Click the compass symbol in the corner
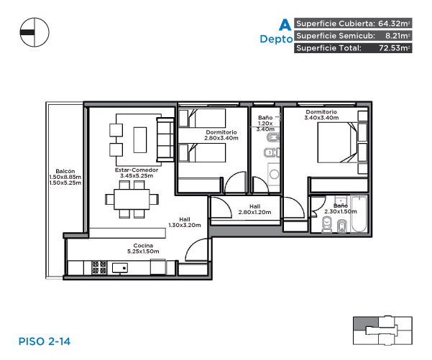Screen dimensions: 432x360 (x=35, y=32)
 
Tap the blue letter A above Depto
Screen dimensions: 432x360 (x=285, y=24)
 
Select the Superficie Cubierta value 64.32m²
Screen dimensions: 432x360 (x=394, y=24)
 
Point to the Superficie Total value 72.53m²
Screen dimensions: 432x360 (x=395, y=48)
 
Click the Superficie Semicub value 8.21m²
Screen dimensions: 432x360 (x=397, y=35)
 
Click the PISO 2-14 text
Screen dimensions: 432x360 (x=45, y=341)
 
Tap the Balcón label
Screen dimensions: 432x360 (x=65, y=171)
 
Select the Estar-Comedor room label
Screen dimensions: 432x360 (x=137, y=172)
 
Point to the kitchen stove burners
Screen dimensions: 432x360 (x=99, y=267)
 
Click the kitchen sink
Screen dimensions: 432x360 (x=120, y=268)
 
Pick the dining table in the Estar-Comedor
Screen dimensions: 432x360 (x=132, y=199)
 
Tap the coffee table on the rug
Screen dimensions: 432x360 (x=140, y=139)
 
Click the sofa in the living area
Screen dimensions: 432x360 (x=165, y=139)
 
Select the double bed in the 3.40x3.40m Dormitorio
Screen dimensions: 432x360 (x=338, y=142)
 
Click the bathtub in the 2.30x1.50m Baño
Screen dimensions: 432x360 (x=359, y=213)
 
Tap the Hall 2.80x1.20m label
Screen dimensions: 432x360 (x=255, y=209)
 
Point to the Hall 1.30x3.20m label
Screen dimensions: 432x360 (x=185, y=222)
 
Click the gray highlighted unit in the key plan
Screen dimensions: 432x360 (x=366, y=323)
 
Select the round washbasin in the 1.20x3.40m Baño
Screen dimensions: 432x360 (x=274, y=174)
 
